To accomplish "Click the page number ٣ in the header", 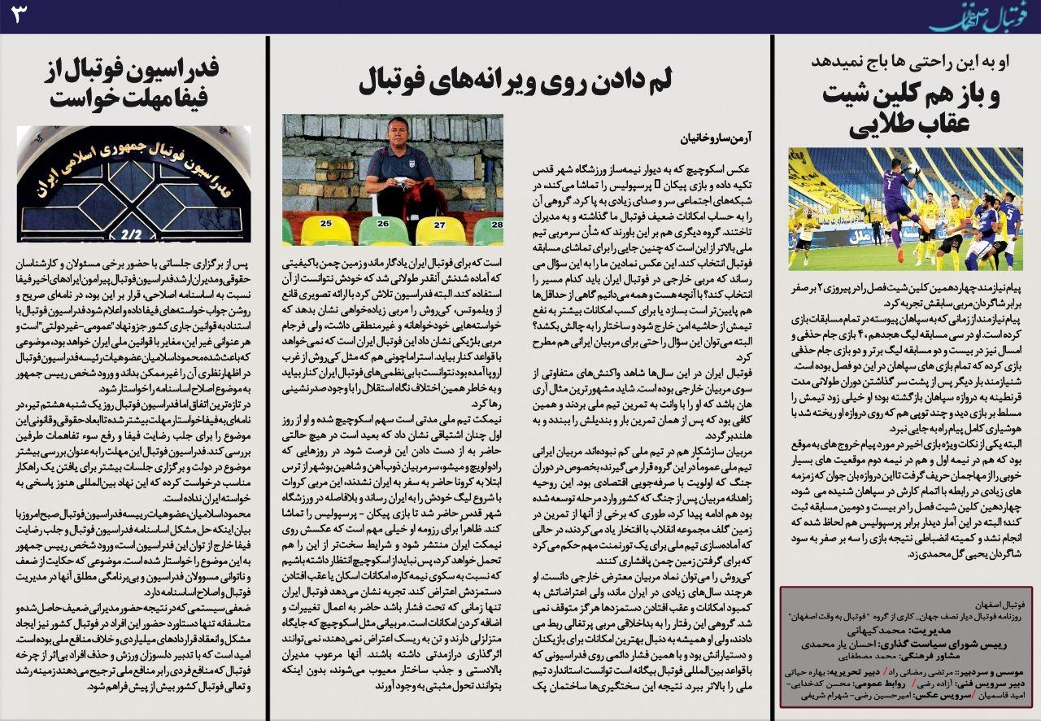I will (x=18, y=15).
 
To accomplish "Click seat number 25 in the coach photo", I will (x=325, y=222).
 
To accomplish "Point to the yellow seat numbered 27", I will (x=440, y=223).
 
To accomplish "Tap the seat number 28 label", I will (x=496, y=223).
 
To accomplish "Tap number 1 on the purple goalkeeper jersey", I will (x=900, y=199).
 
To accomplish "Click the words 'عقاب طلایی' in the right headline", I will (x=903, y=126).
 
